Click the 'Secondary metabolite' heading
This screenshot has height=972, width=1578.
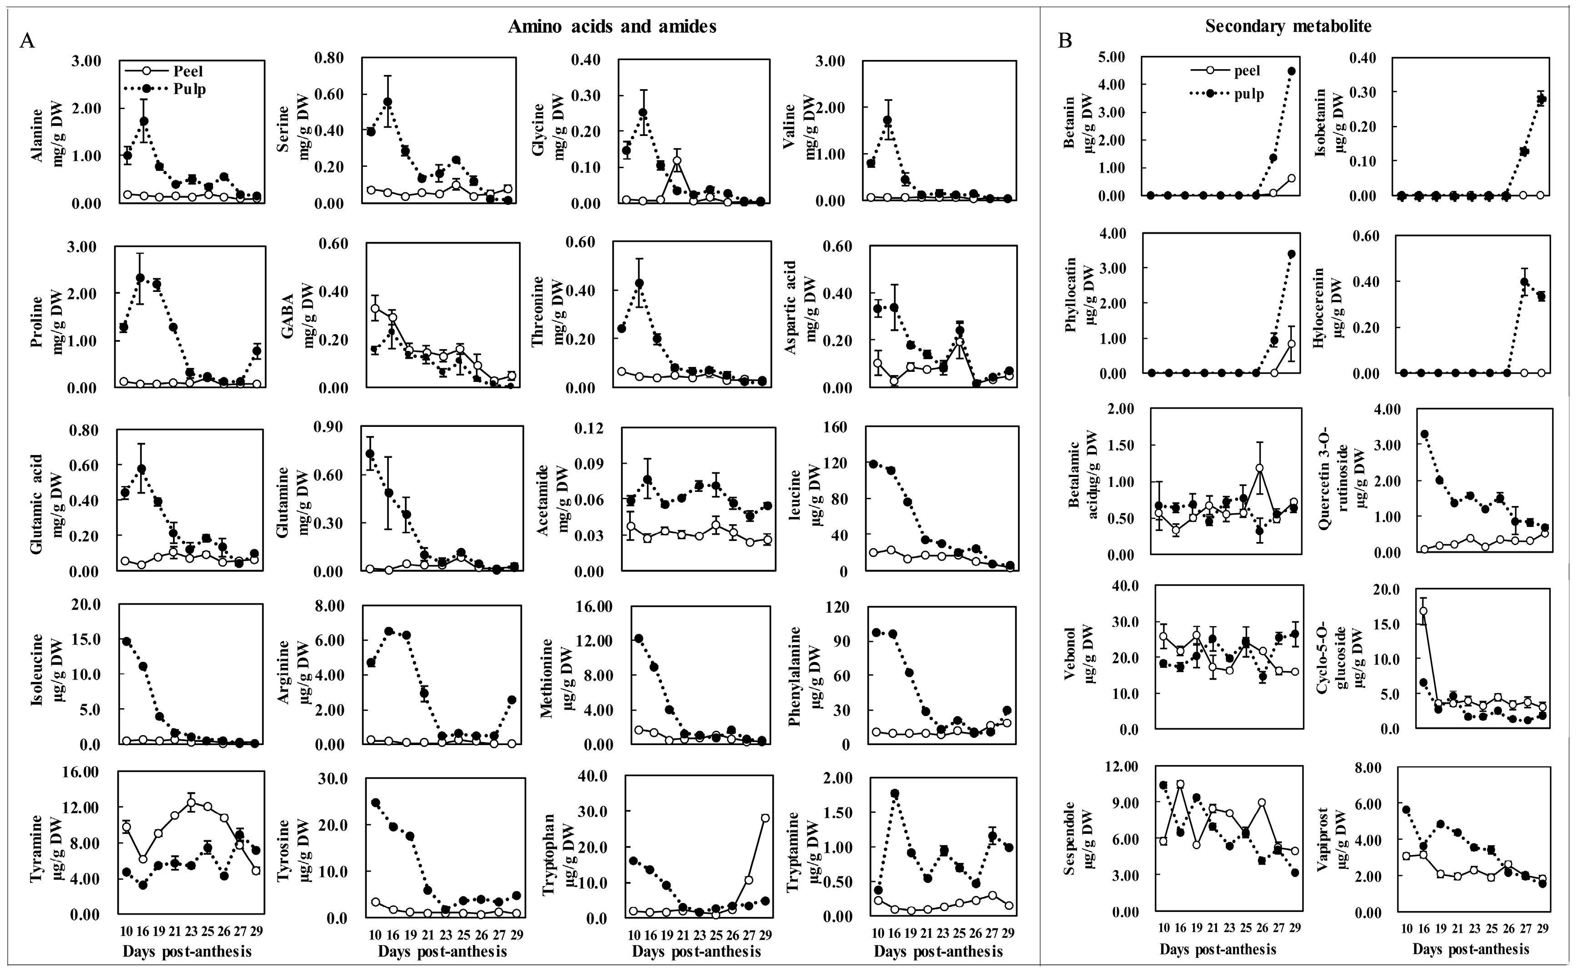1288,26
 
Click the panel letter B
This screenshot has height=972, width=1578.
1065,41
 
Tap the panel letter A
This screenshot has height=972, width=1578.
27,41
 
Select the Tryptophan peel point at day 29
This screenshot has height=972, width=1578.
765,818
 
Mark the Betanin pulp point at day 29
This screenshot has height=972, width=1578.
1291,71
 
